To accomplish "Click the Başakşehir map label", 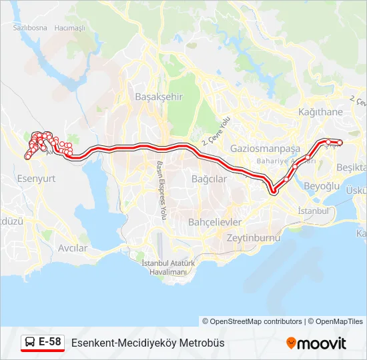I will (159, 97).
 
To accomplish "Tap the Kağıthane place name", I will (320, 112).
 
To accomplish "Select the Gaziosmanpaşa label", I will (264, 148).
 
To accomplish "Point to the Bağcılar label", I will (209, 179).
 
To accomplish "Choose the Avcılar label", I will (73, 248).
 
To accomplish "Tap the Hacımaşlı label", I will (70, 28).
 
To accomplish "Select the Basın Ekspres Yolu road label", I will (160, 191).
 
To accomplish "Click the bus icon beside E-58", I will (29, 343).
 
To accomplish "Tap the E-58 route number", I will (50, 343).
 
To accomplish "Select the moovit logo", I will (316, 343).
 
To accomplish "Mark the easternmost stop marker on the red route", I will (339, 142).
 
